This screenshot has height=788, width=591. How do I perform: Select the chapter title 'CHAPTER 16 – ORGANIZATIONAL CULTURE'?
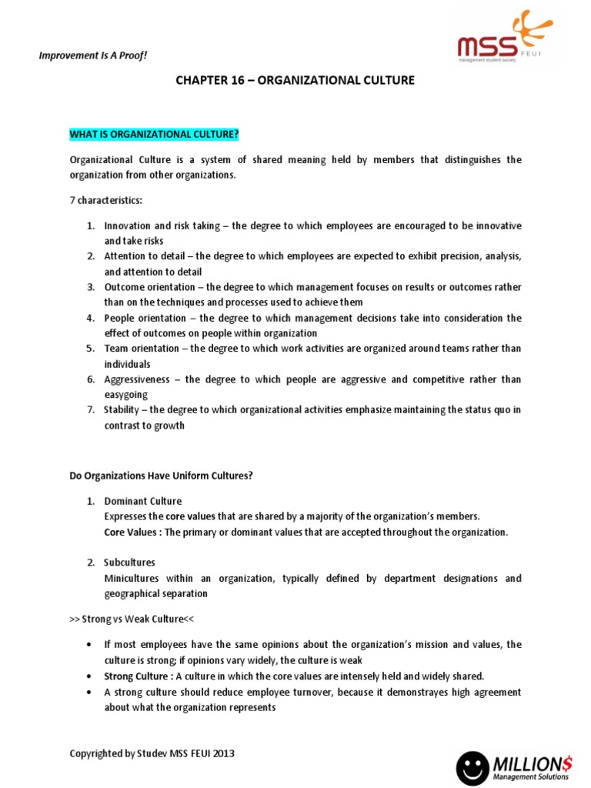click(x=295, y=81)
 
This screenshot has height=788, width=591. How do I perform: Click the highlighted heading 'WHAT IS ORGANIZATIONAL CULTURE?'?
click(x=154, y=135)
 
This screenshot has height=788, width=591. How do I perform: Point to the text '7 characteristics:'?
click(x=106, y=200)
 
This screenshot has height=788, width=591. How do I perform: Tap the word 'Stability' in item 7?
click(x=123, y=410)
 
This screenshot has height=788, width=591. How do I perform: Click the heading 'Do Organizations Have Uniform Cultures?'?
click(x=161, y=476)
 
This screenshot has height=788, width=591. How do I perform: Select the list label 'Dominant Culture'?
click(x=143, y=501)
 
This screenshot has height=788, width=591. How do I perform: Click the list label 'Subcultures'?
click(x=129, y=563)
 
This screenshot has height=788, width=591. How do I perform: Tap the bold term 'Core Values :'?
click(x=132, y=532)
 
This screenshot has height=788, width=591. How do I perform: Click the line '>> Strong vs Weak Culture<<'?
click(x=130, y=619)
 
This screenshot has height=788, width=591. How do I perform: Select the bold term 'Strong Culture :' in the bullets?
click(x=139, y=676)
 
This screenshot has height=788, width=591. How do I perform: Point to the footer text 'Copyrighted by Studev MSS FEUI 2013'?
click(x=152, y=753)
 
